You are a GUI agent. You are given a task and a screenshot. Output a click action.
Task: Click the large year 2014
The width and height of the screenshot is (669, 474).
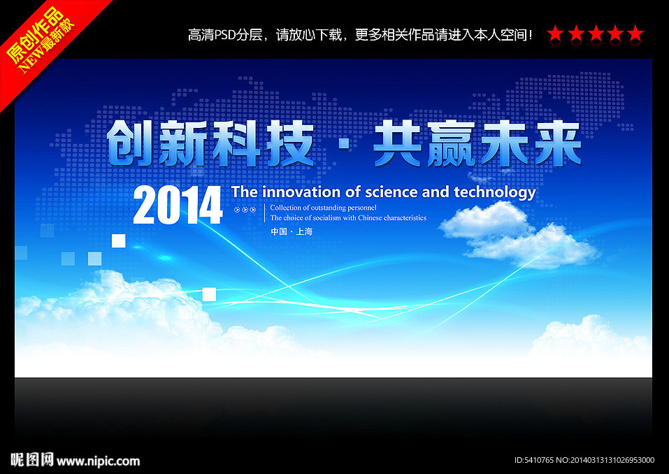(178, 206)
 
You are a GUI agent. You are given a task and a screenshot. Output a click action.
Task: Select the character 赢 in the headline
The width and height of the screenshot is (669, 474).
(451, 144)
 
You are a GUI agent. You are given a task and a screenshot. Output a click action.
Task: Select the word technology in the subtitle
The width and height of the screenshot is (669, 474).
(494, 193)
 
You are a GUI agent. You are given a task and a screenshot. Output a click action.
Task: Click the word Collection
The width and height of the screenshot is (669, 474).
(285, 208)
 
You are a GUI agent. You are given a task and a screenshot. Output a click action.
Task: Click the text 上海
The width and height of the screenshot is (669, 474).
(304, 231)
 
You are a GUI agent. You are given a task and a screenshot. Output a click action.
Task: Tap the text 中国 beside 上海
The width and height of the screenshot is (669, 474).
(279, 231)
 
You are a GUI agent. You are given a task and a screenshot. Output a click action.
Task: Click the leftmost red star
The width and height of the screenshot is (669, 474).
(555, 34)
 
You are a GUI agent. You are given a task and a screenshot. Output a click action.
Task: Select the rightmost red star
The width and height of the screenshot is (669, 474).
(635, 34)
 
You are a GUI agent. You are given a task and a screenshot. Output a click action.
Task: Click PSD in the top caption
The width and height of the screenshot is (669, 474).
(224, 34)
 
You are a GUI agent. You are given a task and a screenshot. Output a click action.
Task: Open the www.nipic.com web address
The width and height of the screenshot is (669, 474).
(98, 461)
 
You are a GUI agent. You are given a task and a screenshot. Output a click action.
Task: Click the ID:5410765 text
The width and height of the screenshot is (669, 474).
(534, 460)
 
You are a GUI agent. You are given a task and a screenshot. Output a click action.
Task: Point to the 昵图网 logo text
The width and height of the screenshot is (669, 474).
(32, 459)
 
